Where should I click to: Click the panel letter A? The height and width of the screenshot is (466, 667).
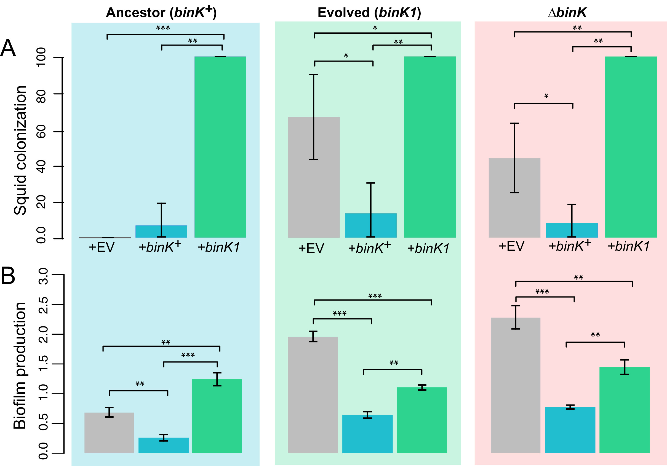click(8, 48)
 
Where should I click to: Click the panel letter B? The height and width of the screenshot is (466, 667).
click(8, 276)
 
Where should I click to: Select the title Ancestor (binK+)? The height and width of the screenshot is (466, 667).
click(161, 12)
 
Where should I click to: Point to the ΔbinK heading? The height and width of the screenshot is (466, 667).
click(567, 12)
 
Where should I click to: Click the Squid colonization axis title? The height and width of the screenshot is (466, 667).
click(20, 150)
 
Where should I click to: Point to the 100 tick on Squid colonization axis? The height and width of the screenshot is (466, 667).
click(41, 57)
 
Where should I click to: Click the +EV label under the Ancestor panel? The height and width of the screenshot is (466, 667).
click(102, 247)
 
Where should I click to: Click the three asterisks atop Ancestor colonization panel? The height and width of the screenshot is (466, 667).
click(163, 28)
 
